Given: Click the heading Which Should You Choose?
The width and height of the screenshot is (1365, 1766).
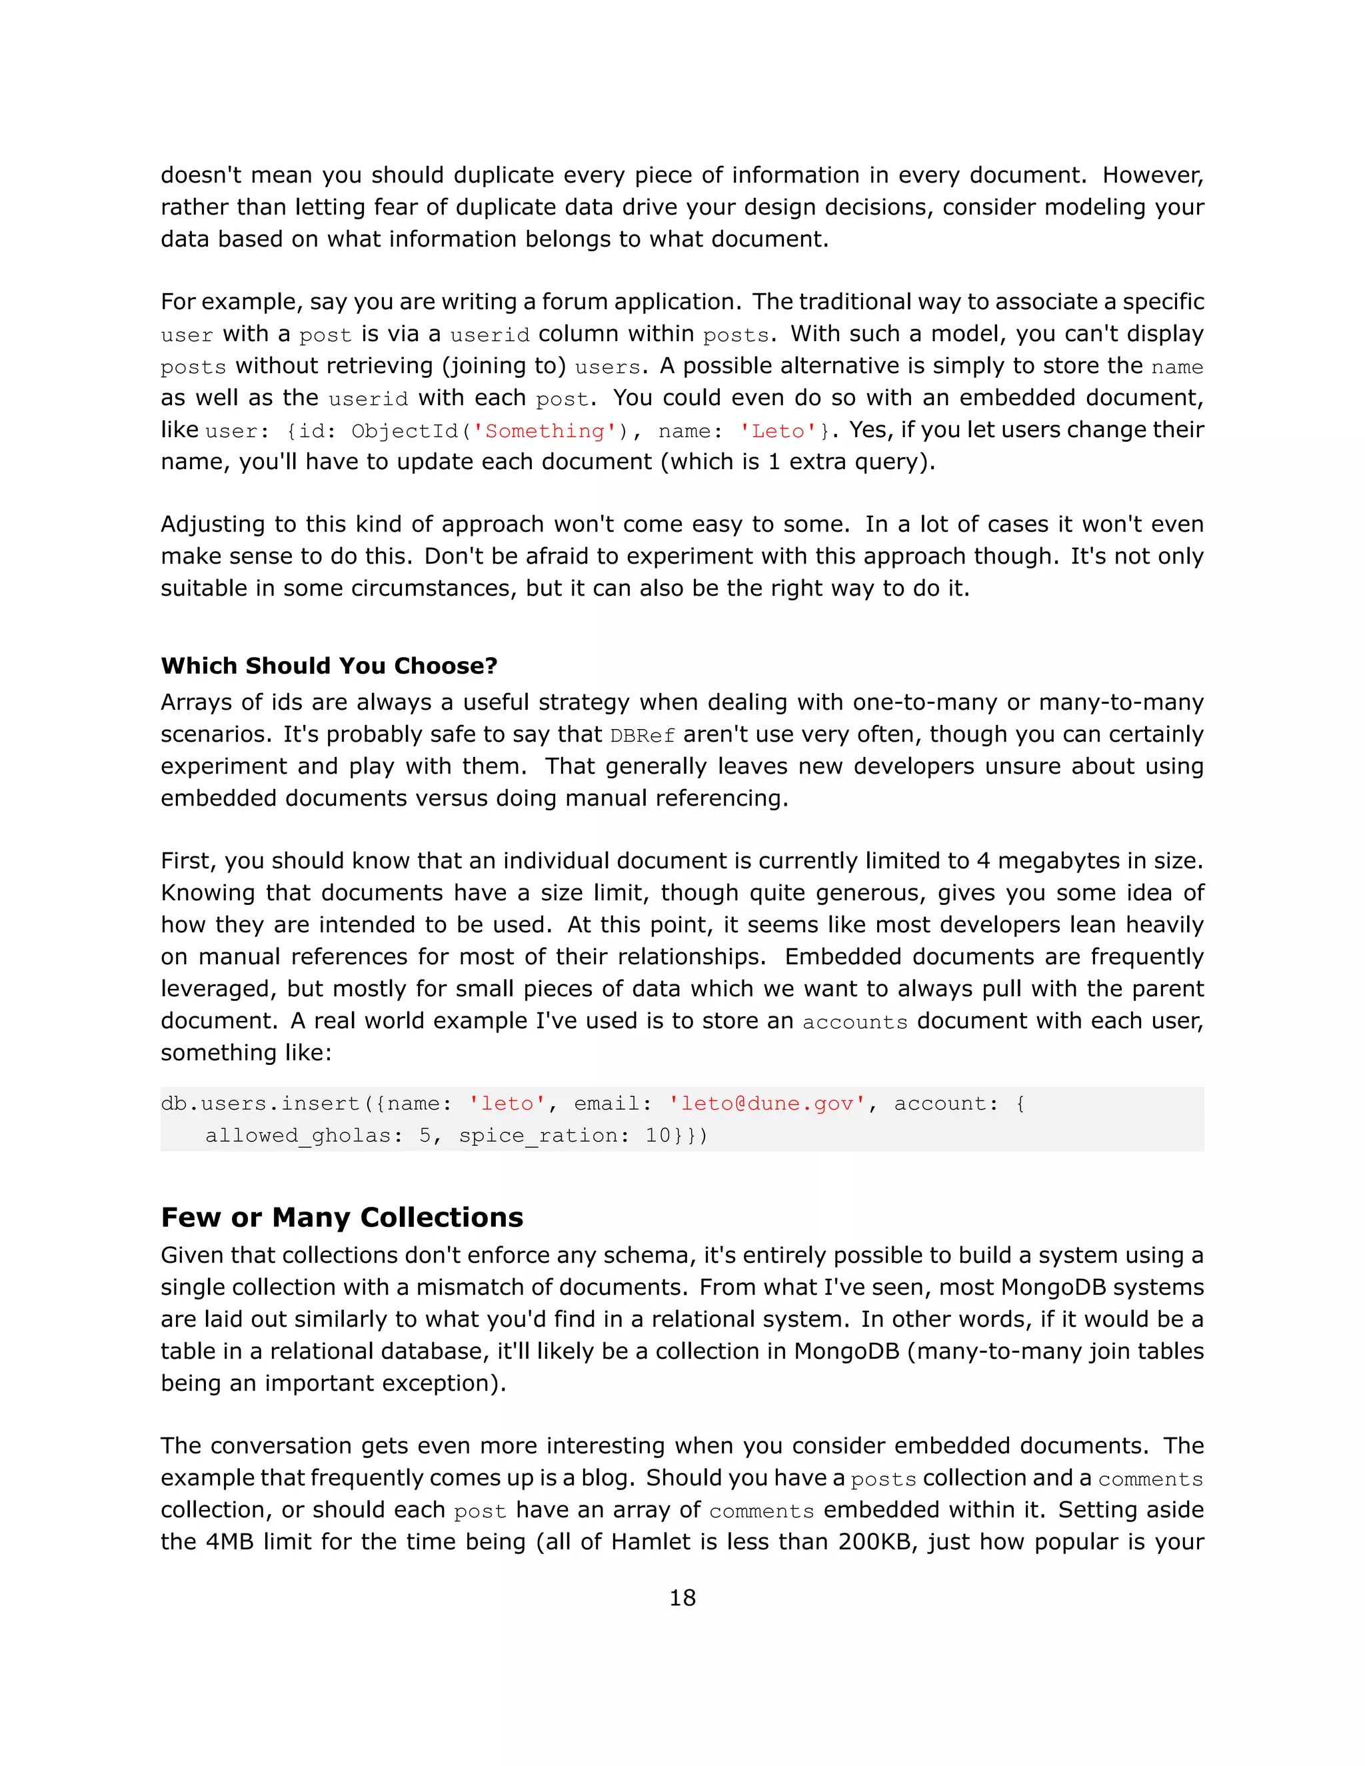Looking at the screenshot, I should (x=329, y=666).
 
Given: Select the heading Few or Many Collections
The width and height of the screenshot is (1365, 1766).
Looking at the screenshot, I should (x=341, y=1217).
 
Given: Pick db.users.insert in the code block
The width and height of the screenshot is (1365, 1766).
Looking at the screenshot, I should (x=261, y=1104).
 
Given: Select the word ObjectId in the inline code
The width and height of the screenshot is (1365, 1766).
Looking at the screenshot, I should (x=405, y=431).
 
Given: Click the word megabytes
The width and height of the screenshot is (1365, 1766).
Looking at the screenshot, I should (x=1055, y=860).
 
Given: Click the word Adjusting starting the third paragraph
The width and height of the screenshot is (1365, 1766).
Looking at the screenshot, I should (x=213, y=524).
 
